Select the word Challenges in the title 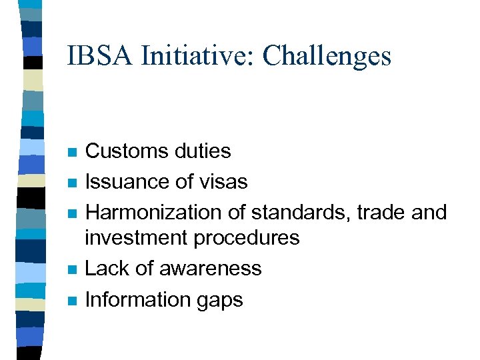pos(327,55)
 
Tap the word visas pos(224,181)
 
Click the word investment pos(136,237)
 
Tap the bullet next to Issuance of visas pos(73,183)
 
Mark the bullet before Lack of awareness pos(73,269)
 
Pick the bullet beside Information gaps pos(73,300)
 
